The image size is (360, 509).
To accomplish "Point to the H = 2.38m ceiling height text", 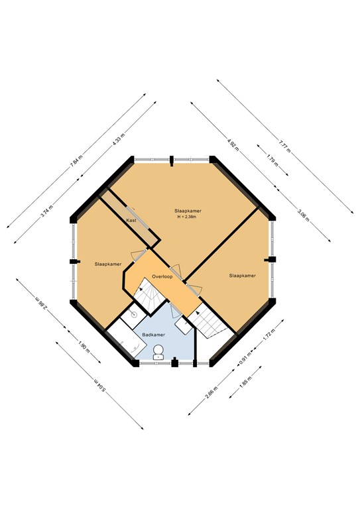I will tap(188, 217).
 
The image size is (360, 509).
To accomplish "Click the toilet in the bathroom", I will tap(158, 352).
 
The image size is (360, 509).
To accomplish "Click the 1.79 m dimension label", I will tap(271, 159).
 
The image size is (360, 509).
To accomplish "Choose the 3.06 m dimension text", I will tap(304, 215).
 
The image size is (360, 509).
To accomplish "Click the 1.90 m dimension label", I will tap(82, 345).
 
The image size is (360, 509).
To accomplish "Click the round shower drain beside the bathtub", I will tap(134, 315).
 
